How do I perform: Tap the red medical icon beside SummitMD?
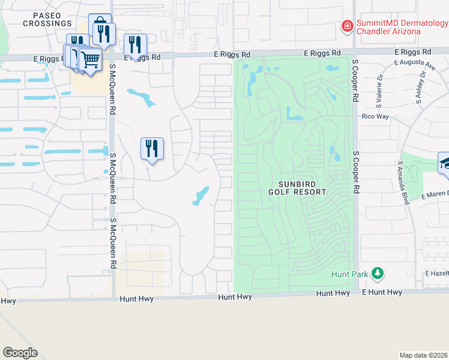[347, 26]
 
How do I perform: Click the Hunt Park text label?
[349, 274]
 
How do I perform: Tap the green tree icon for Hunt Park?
[377, 274]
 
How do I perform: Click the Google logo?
[20, 352]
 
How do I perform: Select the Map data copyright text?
[424, 355]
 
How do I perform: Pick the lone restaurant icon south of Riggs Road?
[152, 148]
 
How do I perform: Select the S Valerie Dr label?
[380, 86]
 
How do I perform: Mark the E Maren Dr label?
[435, 195]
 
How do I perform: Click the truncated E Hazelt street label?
[436, 272]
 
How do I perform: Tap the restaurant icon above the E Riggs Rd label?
[135, 44]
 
